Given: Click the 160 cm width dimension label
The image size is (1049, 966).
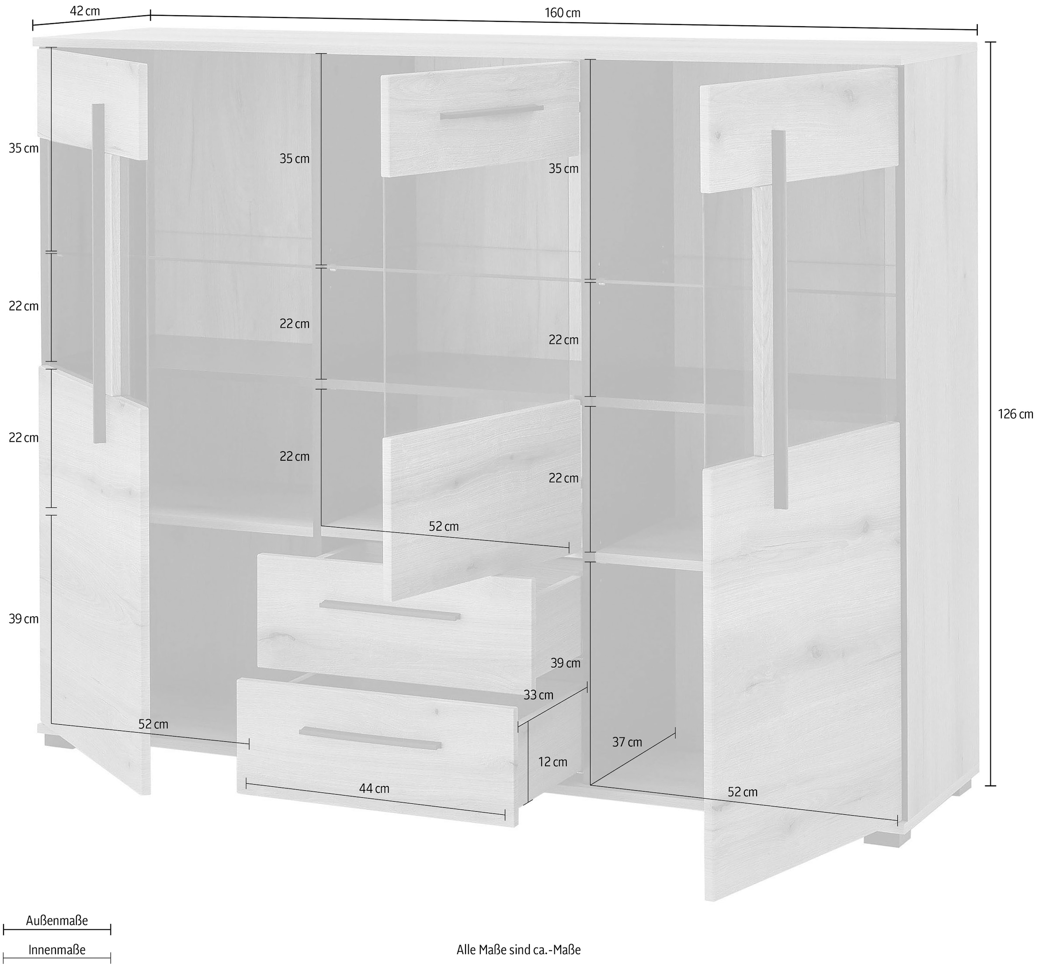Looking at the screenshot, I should (x=563, y=13).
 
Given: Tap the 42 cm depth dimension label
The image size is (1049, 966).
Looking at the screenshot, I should (x=85, y=11).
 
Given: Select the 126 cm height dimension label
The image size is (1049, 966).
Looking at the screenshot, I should (x=1015, y=414).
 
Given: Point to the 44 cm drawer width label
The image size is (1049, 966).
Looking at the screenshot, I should (x=374, y=788).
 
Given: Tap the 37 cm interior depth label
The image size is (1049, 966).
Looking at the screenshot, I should (x=627, y=742).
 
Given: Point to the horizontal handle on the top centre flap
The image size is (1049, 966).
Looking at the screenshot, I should (x=491, y=112).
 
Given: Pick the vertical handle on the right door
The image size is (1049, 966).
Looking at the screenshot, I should (x=779, y=319).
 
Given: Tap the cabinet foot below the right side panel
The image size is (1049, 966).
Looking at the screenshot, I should (x=961, y=788).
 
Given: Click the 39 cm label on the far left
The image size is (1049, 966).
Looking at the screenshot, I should (x=24, y=619).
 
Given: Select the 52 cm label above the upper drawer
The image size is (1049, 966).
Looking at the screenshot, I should (x=444, y=526).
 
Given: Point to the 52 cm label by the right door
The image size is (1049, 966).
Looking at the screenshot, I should (x=742, y=792).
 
